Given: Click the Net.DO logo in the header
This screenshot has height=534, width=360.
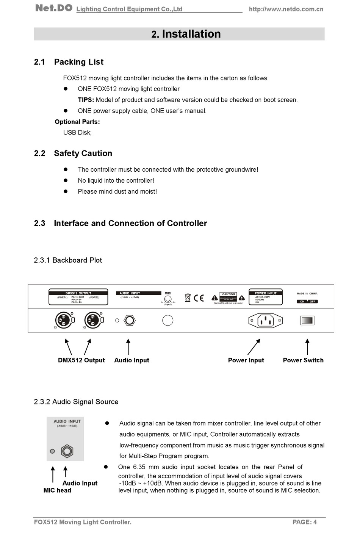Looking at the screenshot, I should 53,8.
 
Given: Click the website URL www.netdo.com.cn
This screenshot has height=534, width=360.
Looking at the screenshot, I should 286,9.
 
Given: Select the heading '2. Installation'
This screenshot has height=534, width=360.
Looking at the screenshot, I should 186,34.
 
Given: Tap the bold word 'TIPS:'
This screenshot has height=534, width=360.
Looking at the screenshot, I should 86,100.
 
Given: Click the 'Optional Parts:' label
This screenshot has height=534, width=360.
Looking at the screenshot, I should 77,122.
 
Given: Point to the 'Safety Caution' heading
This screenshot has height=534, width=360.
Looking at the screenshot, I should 83,153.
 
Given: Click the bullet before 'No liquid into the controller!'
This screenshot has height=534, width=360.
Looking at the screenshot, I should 65,180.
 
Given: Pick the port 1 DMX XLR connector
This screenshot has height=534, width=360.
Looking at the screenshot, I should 63,321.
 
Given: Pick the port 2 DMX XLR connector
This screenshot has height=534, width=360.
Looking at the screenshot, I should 92,321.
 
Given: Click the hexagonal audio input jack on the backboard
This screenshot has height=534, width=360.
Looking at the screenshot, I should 130,321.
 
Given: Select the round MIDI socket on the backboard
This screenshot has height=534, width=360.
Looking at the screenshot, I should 167,321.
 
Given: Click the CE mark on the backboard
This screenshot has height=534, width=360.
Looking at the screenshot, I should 199,298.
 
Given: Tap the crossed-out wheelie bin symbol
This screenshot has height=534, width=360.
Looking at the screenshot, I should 188,298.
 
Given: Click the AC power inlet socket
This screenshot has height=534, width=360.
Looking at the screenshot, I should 265,321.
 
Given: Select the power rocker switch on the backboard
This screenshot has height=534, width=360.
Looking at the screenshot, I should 307,321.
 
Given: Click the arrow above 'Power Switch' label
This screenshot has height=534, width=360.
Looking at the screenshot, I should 307,346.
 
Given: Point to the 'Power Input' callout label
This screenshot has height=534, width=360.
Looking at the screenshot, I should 246,360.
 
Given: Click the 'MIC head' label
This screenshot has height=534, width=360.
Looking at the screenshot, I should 57,490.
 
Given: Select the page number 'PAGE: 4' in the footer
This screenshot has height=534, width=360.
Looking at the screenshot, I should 304,522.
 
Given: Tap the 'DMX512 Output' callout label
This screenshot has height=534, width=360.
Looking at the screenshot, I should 81,360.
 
